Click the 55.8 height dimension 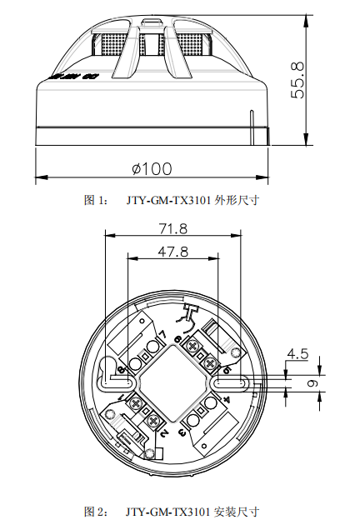tap(297, 79)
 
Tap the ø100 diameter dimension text tap(151, 168)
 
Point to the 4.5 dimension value tap(297, 354)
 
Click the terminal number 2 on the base tap(164, 433)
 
